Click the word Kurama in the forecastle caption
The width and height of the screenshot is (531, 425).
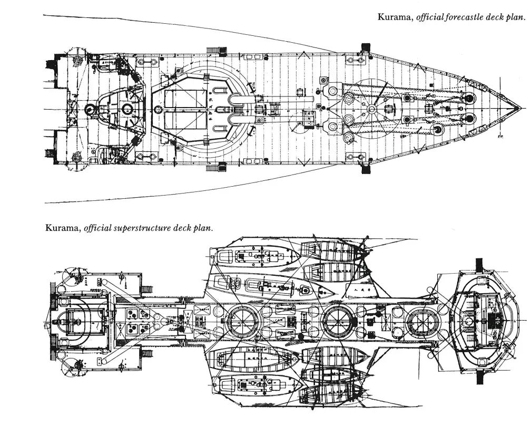(395, 17)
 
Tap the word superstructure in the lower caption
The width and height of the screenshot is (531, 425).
(142, 229)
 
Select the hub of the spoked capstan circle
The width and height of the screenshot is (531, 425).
(371, 110)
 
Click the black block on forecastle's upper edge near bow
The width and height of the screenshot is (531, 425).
(365, 48)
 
